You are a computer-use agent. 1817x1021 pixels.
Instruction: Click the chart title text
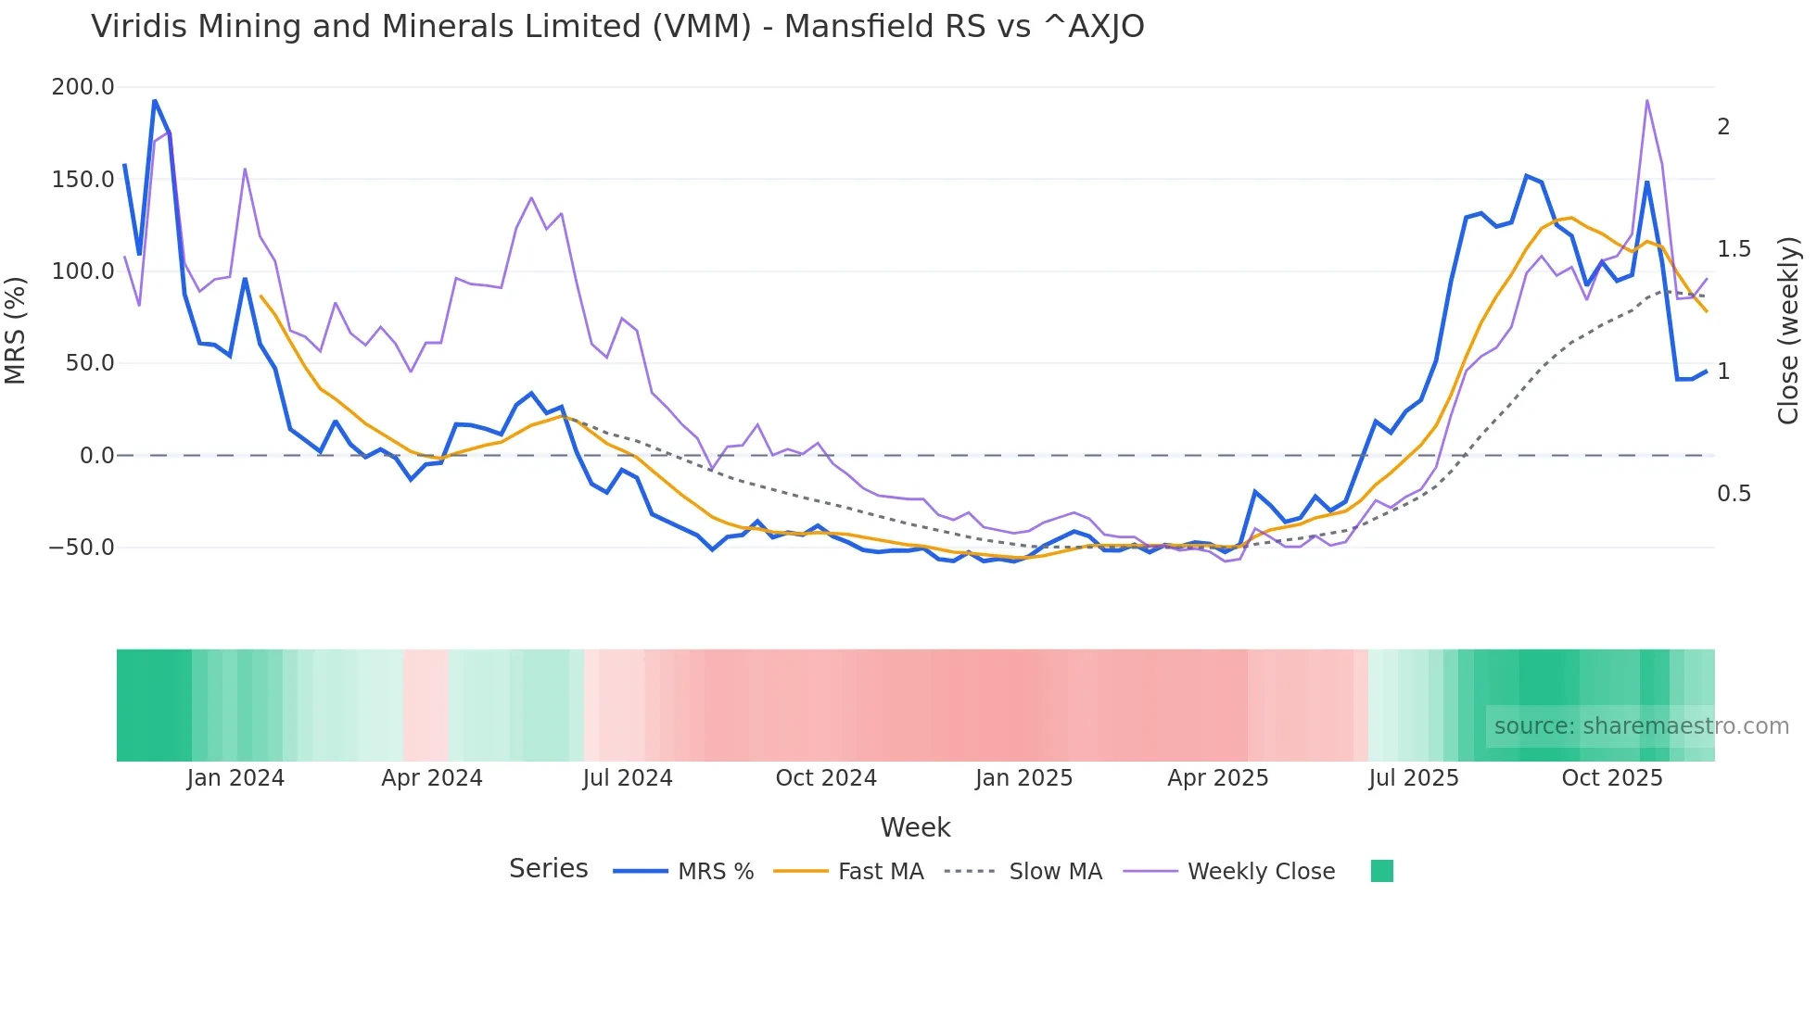pyautogui.click(x=617, y=27)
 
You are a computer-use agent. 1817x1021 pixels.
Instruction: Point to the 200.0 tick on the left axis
pyautogui.click(x=83, y=87)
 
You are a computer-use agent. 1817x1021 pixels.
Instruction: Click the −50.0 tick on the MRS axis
pyautogui.click(x=82, y=548)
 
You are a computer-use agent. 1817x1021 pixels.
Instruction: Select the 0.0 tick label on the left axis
pyautogui.click(x=96, y=456)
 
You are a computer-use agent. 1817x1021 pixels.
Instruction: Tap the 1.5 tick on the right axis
pyautogui.click(x=1734, y=249)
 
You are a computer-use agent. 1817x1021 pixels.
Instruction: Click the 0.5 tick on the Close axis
pyautogui.click(x=1734, y=494)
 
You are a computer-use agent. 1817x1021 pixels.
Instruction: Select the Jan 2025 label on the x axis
pyautogui.click(x=1023, y=778)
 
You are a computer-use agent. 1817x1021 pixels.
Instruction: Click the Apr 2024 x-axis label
pyautogui.click(x=432, y=778)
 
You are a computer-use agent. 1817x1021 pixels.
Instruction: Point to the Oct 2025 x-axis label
pyautogui.click(x=1612, y=778)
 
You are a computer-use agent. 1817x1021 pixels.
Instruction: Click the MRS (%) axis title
pyautogui.click(x=16, y=330)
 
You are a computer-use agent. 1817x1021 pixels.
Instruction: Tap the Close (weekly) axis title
pyautogui.click(x=1788, y=330)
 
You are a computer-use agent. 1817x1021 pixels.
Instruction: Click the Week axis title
pyautogui.click(x=915, y=827)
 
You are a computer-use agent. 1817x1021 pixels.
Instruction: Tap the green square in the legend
pyautogui.click(x=1381, y=871)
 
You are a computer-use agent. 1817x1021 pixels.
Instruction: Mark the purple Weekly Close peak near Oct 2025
pyautogui.click(x=1646, y=100)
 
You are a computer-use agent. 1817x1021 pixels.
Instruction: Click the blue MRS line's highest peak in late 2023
pyautogui.click(x=155, y=100)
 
